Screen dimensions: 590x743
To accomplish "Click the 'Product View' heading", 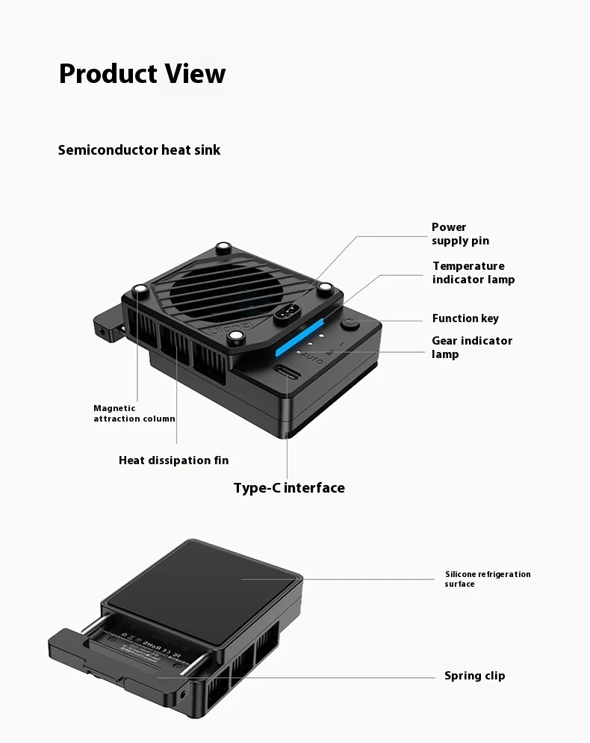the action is pyautogui.click(x=142, y=74).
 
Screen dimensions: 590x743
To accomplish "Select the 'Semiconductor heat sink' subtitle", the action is pyautogui.click(x=139, y=150).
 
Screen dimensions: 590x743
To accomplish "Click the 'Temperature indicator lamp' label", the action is pyautogui.click(x=473, y=273).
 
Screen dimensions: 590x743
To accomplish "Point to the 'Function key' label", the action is pyautogui.click(x=465, y=318).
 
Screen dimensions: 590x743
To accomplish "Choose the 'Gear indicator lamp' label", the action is pyautogui.click(x=471, y=347).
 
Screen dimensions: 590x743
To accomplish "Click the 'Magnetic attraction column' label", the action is pyautogui.click(x=134, y=413).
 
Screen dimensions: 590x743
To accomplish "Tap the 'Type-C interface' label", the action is pyautogui.click(x=289, y=488).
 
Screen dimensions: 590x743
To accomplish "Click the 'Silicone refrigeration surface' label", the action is pyautogui.click(x=487, y=579).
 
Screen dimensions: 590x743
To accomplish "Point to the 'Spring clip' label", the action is pyautogui.click(x=474, y=676).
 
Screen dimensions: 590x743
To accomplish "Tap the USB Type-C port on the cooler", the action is pyautogui.click(x=288, y=374).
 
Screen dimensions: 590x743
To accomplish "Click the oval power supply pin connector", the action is pyautogui.click(x=288, y=312).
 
